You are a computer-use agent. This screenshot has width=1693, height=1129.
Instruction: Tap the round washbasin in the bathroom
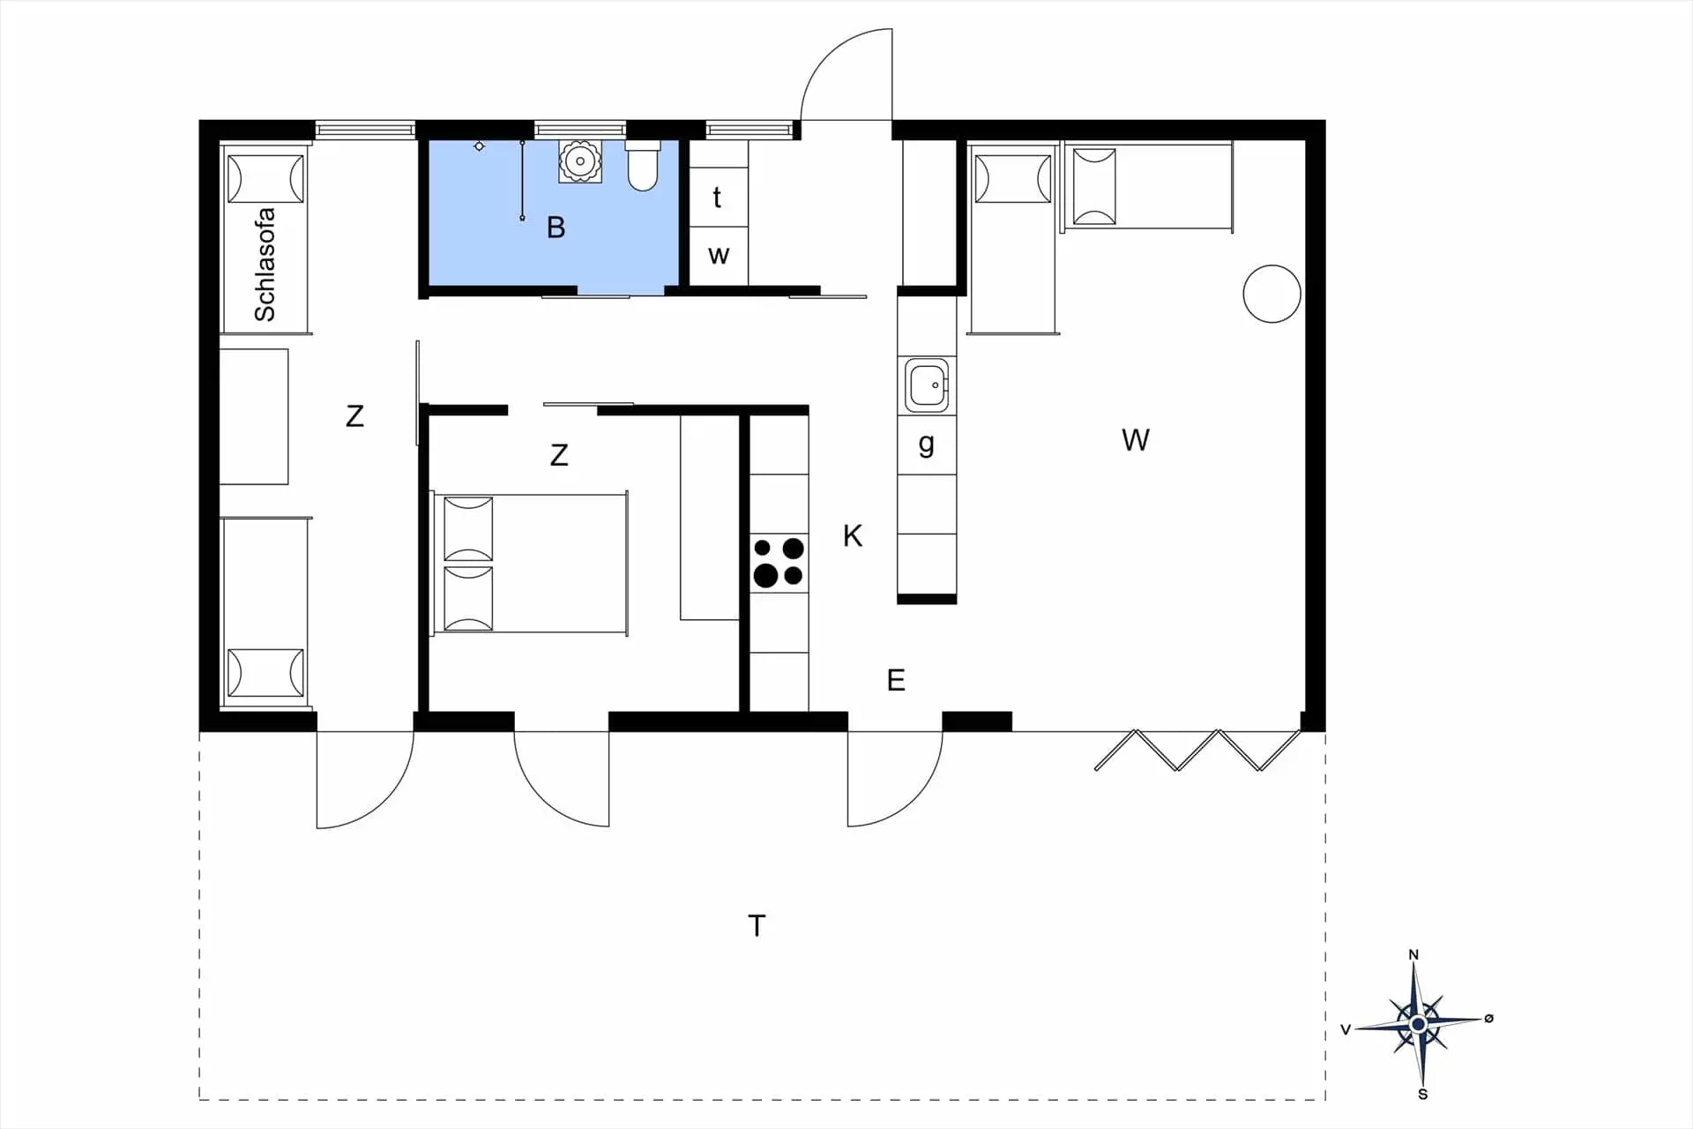tap(580, 161)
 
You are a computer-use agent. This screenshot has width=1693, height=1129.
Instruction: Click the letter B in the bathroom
tap(556, 228)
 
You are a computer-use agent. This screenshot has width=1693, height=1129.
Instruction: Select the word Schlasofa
tap(265, 265)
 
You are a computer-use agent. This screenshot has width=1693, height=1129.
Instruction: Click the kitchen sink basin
tap(927, 385)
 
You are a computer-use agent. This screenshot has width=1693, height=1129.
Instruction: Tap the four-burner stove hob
tap(779, 563)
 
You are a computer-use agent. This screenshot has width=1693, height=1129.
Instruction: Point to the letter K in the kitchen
tap(852, 535)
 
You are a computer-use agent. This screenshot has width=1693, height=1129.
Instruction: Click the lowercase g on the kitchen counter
tap(926, 444)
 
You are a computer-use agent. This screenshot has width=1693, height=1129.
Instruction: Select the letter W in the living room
tap(1136, 440)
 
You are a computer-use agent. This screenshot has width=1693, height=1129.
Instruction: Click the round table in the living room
tap(1272, 294)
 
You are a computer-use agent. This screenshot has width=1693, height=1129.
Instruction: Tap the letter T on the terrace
tap(757, 925)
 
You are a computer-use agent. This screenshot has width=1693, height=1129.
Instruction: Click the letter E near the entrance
tap(896, 680)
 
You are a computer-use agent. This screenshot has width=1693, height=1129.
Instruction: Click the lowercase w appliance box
tap(718, 256)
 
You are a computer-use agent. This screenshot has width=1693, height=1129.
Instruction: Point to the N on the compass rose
tap(1413, 954)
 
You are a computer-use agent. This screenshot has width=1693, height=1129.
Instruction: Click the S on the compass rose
tap(1422, 1095)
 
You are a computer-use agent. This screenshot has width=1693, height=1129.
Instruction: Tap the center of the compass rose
tap(1418, 1024)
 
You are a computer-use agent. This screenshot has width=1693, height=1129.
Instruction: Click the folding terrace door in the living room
tap(1198, 749)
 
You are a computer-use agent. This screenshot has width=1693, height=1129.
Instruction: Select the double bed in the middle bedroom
tap(529, 563)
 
